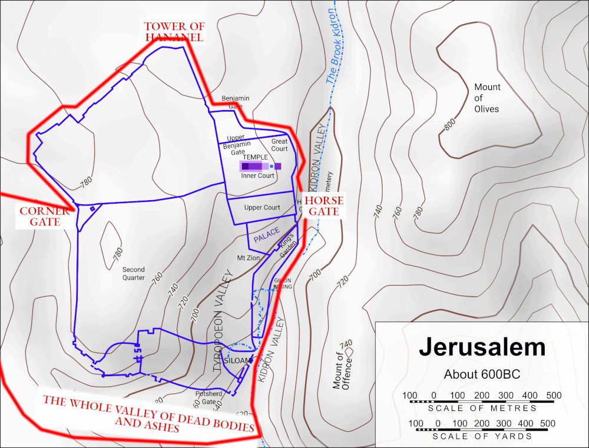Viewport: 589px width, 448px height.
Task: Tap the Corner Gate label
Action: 40,216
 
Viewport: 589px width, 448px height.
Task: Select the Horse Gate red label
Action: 324,206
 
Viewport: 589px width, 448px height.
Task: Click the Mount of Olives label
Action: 487,98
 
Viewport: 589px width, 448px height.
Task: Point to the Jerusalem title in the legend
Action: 482,347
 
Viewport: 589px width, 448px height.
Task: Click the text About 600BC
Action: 482,374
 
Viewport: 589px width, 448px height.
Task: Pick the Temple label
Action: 256,157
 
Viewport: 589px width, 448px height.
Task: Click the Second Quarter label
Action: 134,274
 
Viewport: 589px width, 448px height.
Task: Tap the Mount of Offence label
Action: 342,371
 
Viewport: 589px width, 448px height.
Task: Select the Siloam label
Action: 238,360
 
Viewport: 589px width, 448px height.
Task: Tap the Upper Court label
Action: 262,208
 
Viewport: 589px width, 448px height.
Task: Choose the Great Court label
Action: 279,145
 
